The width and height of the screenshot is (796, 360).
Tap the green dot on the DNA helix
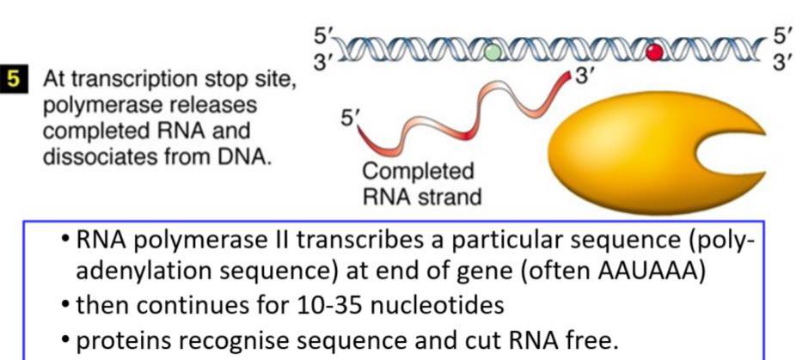click(x=492, y=52)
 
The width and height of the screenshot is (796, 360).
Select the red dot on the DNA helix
click(x=655, y=53)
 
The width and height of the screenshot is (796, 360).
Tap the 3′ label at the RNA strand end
click(x=585, y=76)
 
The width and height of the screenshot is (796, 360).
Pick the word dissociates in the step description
click(x=89, y=159)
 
